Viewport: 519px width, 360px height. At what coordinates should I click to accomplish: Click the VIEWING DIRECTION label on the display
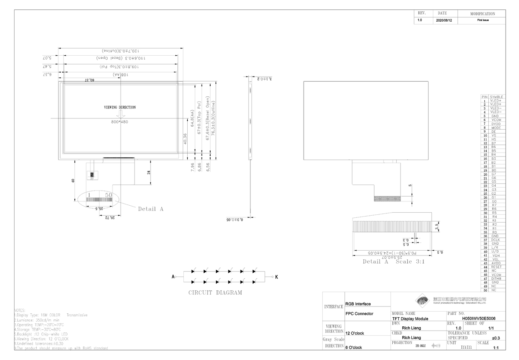[119, 107]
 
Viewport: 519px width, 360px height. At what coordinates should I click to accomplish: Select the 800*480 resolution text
[119, 122]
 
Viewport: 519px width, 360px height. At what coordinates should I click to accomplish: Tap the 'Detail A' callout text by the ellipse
[151, 209]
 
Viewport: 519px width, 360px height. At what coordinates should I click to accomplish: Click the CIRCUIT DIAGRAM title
[215, 293]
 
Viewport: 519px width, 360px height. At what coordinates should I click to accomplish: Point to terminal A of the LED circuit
[173, 276]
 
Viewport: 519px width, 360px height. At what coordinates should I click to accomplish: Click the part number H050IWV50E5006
[479, 319]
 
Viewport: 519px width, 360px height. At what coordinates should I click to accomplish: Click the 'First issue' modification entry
[483, 20]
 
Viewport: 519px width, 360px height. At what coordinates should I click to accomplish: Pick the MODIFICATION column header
[483, 14]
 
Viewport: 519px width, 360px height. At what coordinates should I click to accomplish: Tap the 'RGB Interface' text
[358, 304]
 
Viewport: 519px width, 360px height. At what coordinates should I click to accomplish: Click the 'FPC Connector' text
[360, 314]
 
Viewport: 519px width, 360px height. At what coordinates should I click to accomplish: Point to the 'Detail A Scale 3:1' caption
[390, 261]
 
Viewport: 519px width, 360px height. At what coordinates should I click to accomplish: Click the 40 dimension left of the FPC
[73, 180]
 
